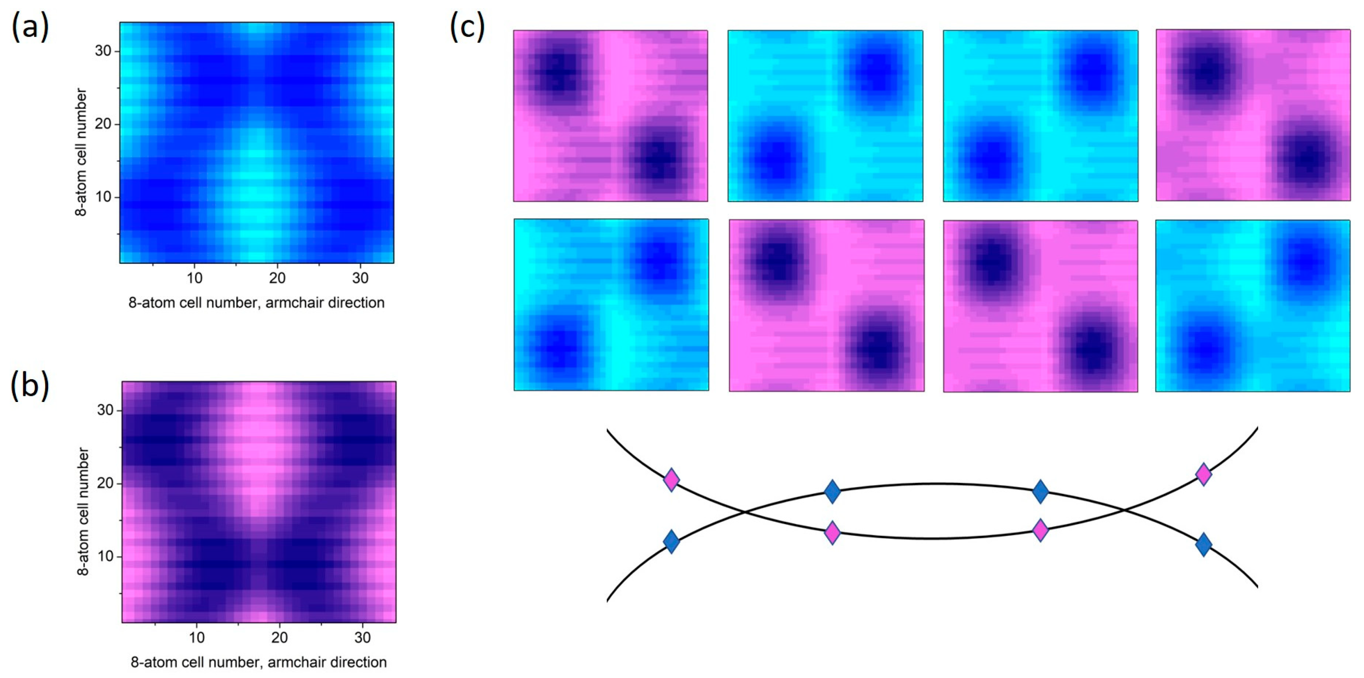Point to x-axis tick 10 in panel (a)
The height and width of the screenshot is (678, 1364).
[x=194, y=278]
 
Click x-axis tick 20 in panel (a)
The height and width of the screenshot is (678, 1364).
[x=277, y=278]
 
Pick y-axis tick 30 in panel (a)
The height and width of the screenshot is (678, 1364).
[x=103, y=51]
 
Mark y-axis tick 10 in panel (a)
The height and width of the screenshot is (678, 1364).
[x=103, y=197]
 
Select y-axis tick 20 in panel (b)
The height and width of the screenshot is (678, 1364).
[x=105, y=483]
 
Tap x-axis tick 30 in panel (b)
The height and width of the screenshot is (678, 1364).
[x=362, y=637]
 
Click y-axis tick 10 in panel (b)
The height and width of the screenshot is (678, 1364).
[x=105, y=556]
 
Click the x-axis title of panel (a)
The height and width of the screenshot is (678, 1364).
[x=256, y=303]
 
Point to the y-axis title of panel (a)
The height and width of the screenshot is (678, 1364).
[x=81, y=152]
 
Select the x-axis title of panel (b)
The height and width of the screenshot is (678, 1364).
[x=258, y=662]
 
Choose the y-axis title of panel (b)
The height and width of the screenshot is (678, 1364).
[x=83, y=511]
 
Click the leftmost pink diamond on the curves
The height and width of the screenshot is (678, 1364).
[x=671, y=479]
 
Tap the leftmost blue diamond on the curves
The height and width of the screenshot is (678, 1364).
[x=671, y=542]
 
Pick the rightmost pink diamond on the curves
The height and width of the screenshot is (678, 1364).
[x=1203, y=474]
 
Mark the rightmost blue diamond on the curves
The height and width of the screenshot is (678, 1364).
[x=1203, y=545]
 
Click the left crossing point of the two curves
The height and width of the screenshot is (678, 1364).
[x=745, y=511]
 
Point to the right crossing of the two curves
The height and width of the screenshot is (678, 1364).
[x=1124, y=510]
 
